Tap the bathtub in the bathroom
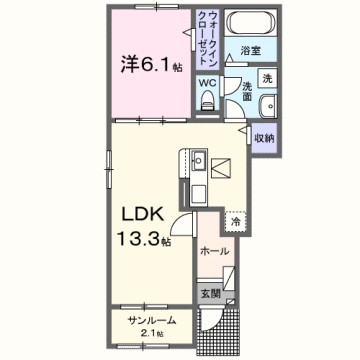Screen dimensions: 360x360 [x=249, y=23]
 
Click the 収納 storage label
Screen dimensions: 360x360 [x=263, y=139]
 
